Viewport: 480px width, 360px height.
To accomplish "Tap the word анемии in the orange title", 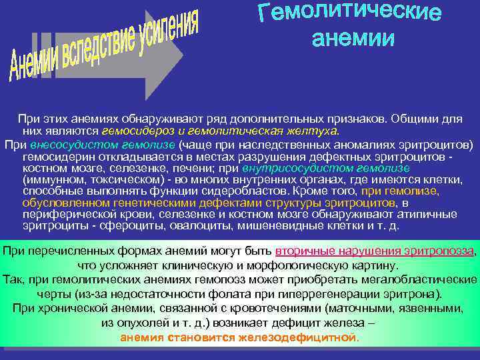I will click(x=353, y=38).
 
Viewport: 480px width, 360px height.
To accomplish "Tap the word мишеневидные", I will click(x=276, y=225).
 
